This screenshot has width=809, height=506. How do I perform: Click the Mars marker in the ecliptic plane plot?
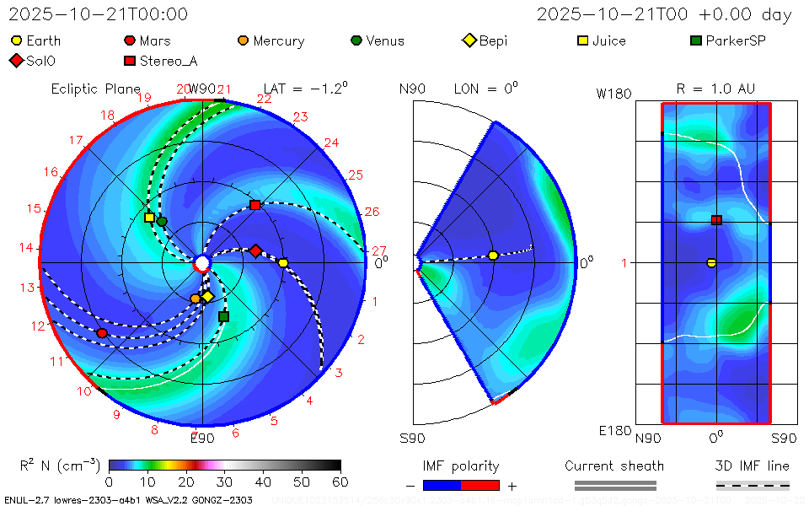pos(102,333)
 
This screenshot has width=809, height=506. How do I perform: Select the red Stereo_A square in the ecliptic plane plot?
pos(254,205)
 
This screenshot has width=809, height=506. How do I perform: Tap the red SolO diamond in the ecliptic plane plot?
pos(255,250)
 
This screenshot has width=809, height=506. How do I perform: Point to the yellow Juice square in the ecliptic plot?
pos(149,218)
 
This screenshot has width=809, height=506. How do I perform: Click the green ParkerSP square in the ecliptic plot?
pos(223,316)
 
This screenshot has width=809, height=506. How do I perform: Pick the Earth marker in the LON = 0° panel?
pos(493,256)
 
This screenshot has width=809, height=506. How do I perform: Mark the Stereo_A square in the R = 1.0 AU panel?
pos(716,220)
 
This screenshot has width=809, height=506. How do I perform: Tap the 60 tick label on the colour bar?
pos(340,482)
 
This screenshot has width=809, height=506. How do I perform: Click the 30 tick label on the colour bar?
pos(224,482)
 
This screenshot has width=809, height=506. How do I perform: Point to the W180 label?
pos(613,94)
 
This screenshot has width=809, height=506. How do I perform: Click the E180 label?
pos(613,431)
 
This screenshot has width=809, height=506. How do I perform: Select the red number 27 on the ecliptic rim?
pos(378,250)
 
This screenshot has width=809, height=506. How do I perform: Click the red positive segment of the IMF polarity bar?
pos(480,485)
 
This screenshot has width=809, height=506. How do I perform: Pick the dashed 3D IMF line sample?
pos(753,485)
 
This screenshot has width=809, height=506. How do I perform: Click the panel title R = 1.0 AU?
pos(715,89)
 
